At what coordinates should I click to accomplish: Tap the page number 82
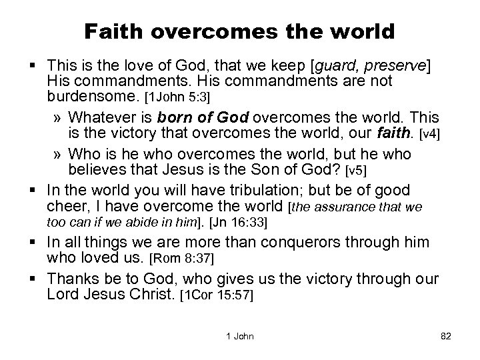tap(446, 337)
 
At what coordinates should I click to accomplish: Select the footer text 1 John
tap(240, 337)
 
